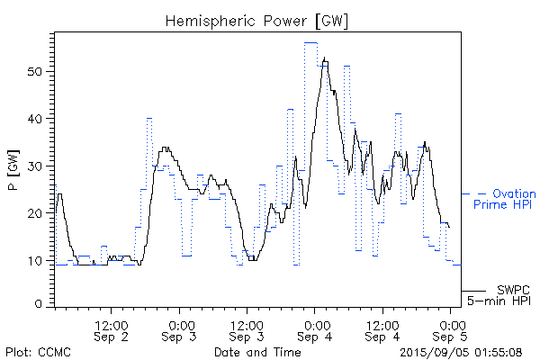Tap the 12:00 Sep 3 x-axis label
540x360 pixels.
[247, 329]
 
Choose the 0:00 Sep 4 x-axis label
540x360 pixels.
[315, 329]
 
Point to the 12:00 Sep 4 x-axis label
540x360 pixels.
[382, 329]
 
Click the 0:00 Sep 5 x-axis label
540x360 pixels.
[450, 329]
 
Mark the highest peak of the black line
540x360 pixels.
[324, 58]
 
